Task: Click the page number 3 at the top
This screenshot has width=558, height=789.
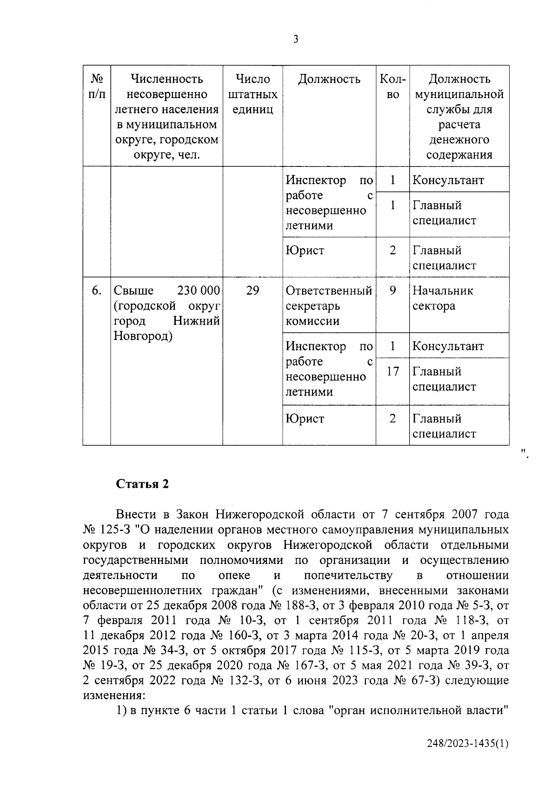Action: coord(296,40)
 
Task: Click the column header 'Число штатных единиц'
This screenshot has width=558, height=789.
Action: coord(252,94)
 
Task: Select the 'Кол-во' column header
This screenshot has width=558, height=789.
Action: coord(392,86)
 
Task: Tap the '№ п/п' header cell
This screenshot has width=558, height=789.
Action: coord(97,86)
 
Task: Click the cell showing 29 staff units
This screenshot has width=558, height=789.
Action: coord(252,291)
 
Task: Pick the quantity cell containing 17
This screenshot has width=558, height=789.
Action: coord(392,371)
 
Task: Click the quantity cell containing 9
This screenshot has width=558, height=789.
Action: coord(392,291)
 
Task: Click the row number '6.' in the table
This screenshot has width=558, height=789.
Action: coord(97,291)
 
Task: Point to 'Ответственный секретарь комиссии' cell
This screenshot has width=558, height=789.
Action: coord(329,306)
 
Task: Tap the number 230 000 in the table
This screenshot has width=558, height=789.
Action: coord(199,291)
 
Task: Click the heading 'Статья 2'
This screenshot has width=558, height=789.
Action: coord(142,484)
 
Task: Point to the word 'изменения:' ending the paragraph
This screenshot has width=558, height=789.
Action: coord(114,696)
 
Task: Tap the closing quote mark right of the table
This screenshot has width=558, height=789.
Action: coord(524,452)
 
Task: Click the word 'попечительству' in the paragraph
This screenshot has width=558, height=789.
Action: coord(348,576)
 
